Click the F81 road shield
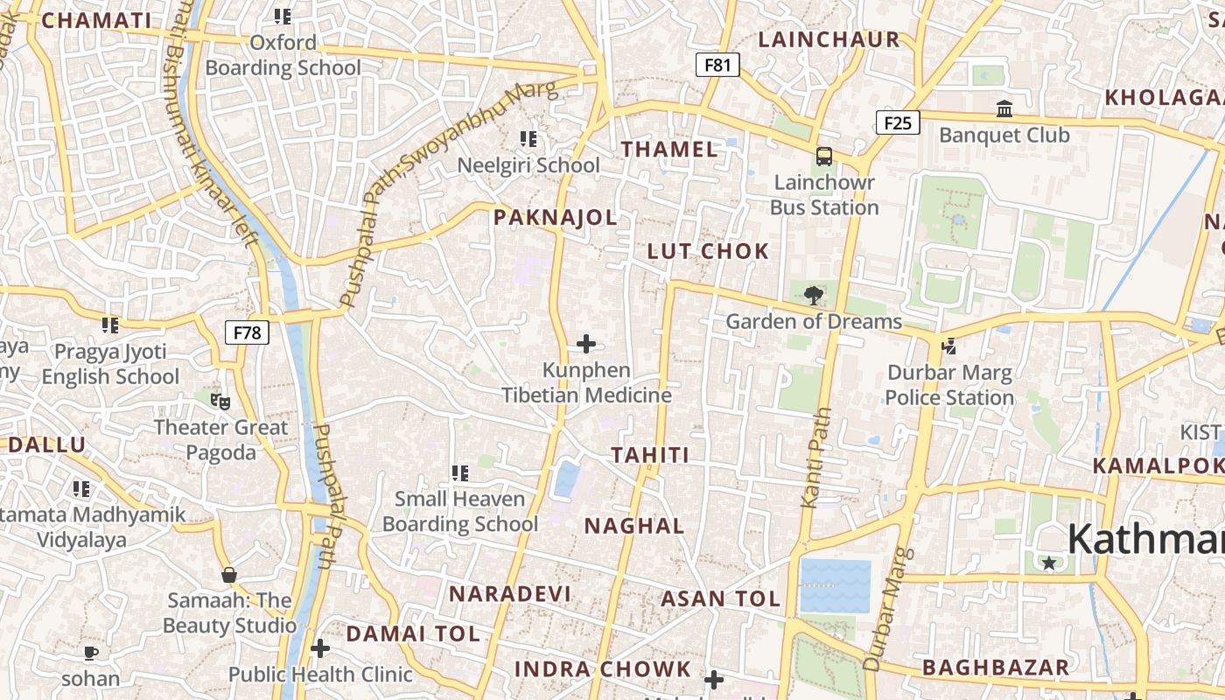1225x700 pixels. click(717, 65)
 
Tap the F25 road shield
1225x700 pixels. click(898, 122)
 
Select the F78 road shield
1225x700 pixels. click(247, 332)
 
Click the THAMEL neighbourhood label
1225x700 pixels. click(669, 150)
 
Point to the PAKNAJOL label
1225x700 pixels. click(556, 218)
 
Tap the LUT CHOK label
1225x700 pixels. click(708, 252)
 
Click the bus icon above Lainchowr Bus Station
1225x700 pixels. click(824, 157)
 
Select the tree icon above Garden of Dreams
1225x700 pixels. click(813, 295)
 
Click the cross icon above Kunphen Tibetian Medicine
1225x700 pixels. click(586, 345)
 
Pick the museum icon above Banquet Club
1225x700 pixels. click(1004, 109)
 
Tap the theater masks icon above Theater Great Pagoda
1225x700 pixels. click(220, 402)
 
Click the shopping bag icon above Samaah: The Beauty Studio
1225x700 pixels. click(229, 575)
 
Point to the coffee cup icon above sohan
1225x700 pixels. click(91, 654)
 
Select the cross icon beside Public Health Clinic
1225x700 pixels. click(320, 648)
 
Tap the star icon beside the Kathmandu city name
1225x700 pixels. click(1049, 563)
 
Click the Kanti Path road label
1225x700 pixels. click(814, 458)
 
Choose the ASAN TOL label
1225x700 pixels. click(720, 599)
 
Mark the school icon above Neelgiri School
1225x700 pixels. click(528, 138)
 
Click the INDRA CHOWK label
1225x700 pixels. click(602, 670)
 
